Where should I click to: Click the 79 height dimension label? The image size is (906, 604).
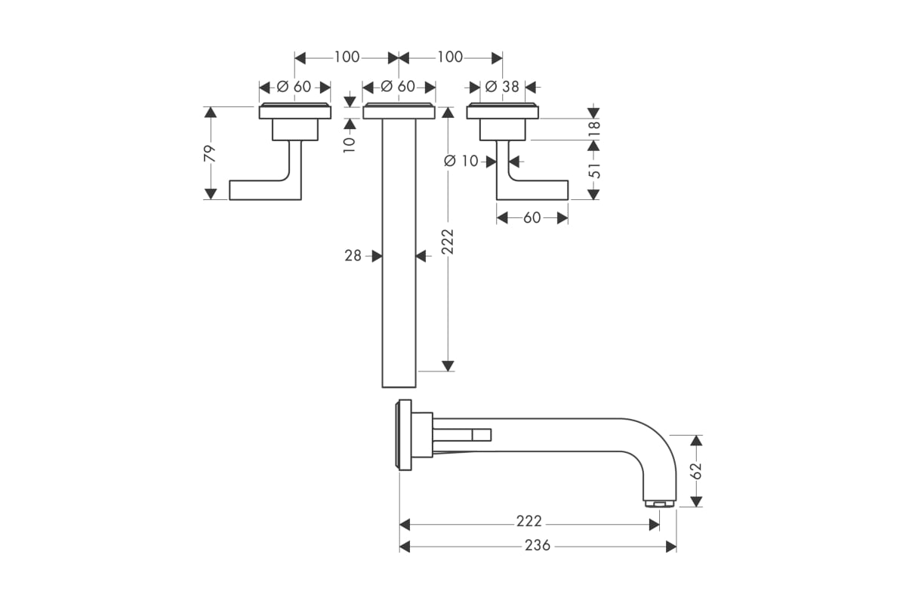point(210,154)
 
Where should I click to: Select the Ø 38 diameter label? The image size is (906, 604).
point(502,87)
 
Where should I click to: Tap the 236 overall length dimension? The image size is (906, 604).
point(538,546)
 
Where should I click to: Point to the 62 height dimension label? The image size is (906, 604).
point(696,470)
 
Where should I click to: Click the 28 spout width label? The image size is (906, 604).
point(353,256)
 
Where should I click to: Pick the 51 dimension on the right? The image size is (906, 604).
point(594,171)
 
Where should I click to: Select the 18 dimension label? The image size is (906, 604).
point(594,129)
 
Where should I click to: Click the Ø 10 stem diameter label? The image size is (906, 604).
point(461,162)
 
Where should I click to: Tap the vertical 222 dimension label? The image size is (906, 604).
point(447,242)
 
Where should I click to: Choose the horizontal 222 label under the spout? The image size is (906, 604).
point(529,521)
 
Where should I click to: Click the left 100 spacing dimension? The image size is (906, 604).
point(347,57)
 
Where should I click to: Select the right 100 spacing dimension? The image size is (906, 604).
point(450,57)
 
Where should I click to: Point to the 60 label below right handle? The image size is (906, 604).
point(532,218)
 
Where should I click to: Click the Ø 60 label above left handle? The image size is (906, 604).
point(294,87)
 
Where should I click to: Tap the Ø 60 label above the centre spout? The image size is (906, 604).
point(398,86)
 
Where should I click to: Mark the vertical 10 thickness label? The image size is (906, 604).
point(349,144)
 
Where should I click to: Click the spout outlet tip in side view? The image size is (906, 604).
point(659,504)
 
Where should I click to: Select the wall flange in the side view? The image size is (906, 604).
point(405,435)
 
